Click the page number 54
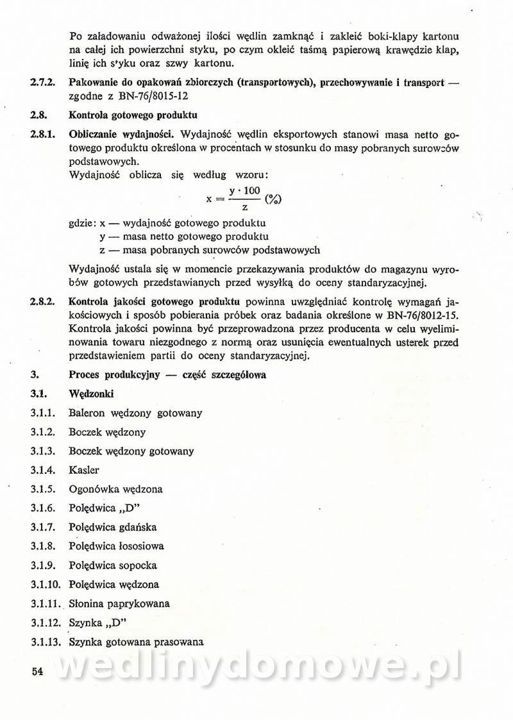click(36, 671)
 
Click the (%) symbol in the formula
click(273, 199)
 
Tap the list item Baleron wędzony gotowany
click(135, 413)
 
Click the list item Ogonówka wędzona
click(115, 489)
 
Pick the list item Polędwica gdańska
click(113, 527)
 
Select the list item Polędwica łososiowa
click(116, 546)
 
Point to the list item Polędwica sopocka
click(113, 565)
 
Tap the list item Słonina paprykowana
click(119, 603)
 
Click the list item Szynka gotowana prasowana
click(136, 641)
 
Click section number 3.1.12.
click(45, 623)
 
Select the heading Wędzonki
click(91, 394)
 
